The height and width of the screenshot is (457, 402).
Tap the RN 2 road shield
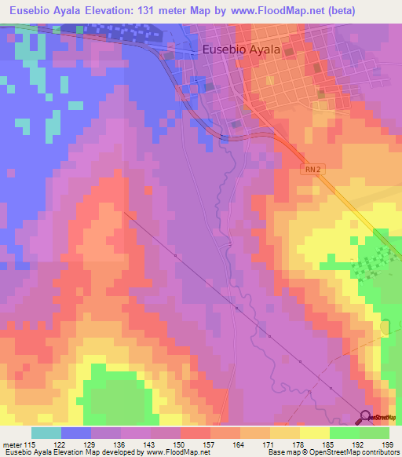312,169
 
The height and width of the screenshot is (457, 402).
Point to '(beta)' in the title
336,11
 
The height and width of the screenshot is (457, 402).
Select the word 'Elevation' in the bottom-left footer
62,452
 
